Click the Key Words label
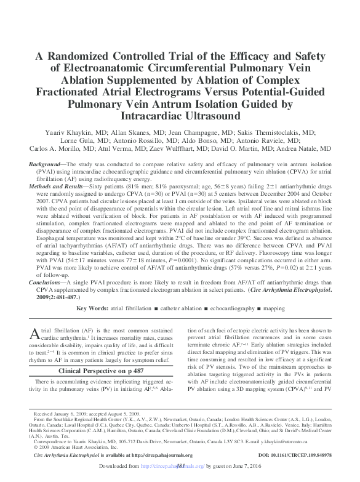pos(94,307)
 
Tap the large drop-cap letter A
pos(35,335)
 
